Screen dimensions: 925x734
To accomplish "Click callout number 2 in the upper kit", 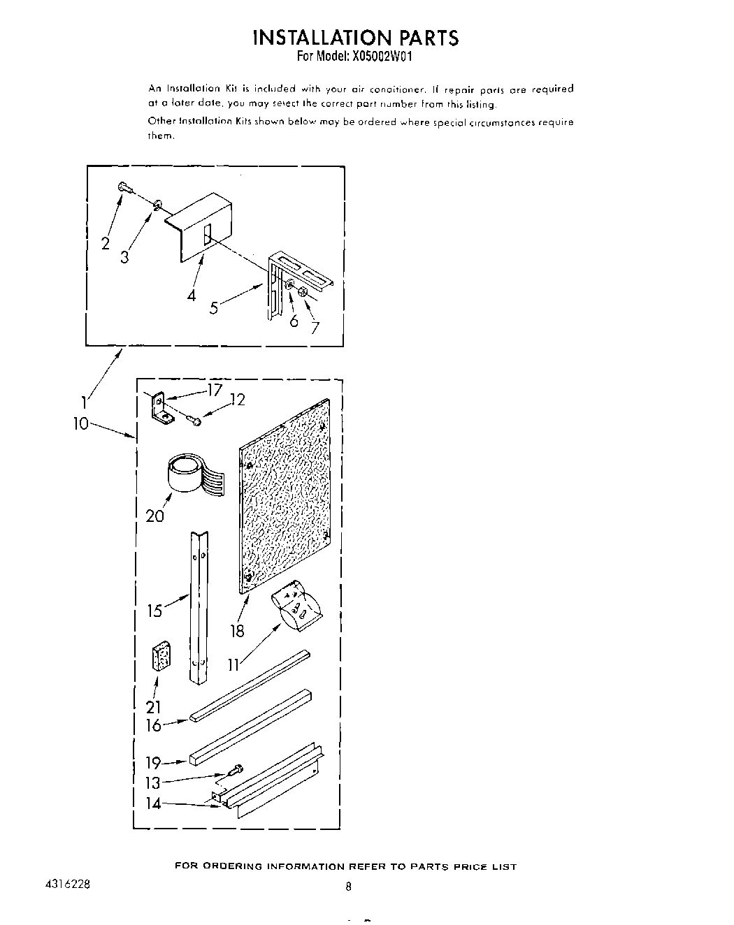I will coord(106,243).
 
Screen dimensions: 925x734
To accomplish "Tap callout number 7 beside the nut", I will coord(316,327).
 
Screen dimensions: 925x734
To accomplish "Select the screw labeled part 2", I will coord(123,187).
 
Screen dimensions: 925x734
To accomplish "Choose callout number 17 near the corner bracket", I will coord(214,391).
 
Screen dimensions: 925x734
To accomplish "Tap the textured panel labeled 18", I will coord(287,496).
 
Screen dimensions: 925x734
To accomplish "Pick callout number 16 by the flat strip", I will coord(153,725).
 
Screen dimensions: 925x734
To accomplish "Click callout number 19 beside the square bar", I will coord(153,763).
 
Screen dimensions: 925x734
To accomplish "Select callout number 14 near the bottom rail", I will coord(153,803).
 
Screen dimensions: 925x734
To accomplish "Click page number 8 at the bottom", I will coord(348,887).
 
